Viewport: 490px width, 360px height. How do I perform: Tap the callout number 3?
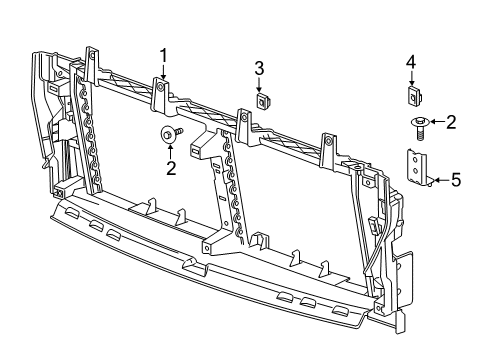tap(258, 68)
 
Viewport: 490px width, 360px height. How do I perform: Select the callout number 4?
tap(410, 64)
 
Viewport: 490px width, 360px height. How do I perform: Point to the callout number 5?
tap(456, 180)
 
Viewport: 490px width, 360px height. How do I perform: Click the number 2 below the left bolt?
tap(170, 169)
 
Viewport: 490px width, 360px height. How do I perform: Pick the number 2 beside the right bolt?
tap(451, 123)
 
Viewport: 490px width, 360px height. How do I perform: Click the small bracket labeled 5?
tap(415, 167)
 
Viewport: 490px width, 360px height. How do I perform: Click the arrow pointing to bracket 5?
tap(438, 180)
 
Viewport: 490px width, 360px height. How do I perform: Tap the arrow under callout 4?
tap(410, 79)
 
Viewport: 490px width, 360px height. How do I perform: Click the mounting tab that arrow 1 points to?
tap(161, 90)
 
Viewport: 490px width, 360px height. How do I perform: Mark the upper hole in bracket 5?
tap(411, 159)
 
